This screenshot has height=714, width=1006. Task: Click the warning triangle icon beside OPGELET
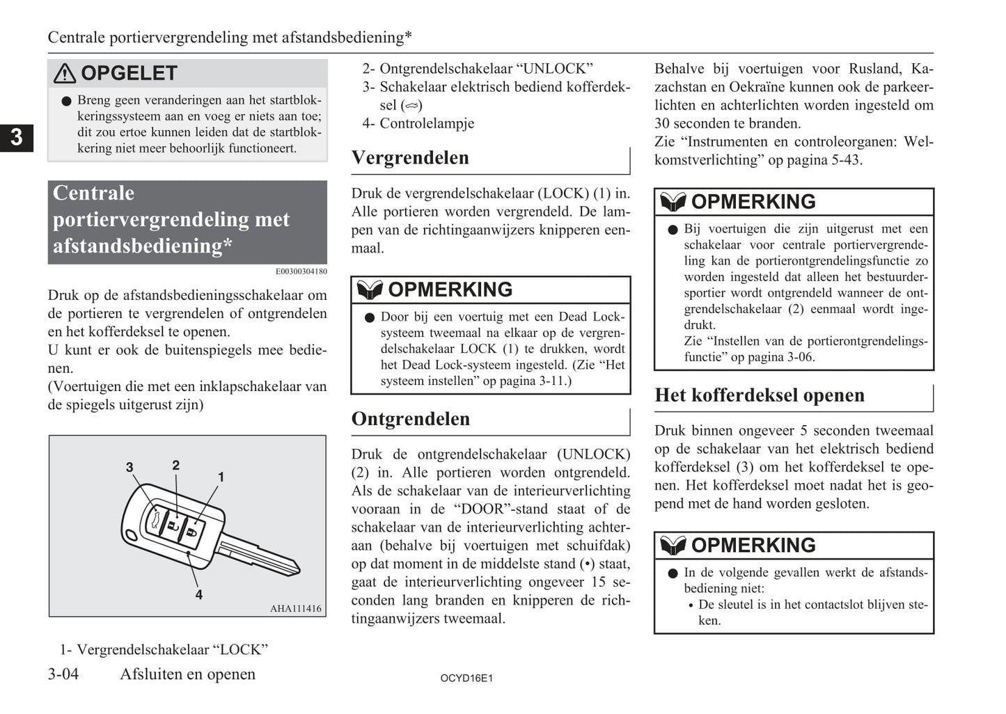(x=65, y=73)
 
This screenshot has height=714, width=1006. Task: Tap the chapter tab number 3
(x=16, y=137)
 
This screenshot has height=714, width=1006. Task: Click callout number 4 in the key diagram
(x=199, y=595)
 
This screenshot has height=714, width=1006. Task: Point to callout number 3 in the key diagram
(x=129, y=467)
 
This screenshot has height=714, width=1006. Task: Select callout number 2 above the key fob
(x=176, y=465)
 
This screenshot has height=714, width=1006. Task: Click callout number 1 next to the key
(x=221, y=477)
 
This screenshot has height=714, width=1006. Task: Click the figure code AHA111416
(x=296, y=609)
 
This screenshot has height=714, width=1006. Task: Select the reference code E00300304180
(x=301, y=271)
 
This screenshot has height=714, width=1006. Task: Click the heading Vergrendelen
(x=410, y=158)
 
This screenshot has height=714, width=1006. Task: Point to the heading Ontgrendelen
(x=411, y=419)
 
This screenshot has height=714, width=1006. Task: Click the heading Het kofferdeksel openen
(x=760, y=395)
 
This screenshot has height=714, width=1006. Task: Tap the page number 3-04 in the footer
(x=63, y=674)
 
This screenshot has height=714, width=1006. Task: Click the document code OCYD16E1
(x=466, y=678)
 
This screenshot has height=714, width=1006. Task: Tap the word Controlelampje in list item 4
(x=427, y=123)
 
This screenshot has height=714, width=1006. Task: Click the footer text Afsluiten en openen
(x=187, y=674)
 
